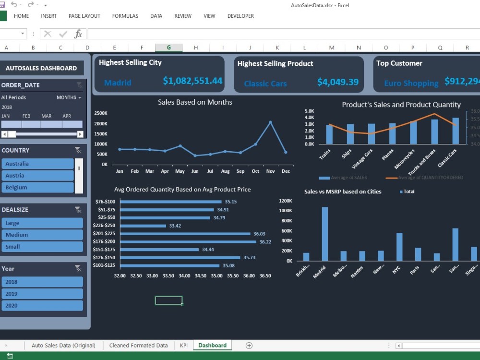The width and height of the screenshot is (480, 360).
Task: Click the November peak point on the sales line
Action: coord(270,122)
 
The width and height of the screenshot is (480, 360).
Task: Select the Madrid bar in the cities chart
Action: coord(325,234)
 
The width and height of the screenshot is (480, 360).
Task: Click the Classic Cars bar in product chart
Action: coord(456,131)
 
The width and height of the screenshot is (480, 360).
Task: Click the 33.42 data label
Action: coord(175,226)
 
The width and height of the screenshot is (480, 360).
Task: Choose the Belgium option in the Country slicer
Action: coord(38,187)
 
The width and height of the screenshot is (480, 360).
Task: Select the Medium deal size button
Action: coord(42,235)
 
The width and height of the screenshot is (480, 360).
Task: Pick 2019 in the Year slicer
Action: coord(42,294)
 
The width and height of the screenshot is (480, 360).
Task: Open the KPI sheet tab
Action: coord(184,345)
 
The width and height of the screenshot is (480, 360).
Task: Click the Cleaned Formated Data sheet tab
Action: coord(138,345)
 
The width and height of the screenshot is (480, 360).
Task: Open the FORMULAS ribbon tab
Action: coord(125,16)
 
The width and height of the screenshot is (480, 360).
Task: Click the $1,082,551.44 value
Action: coord(192,81)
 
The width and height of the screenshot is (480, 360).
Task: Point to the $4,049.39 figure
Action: coord(338,82)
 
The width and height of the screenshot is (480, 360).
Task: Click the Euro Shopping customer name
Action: coord(411,84)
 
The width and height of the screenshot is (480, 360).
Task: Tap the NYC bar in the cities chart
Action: coord(399,247)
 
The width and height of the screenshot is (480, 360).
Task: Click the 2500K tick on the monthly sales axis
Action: coord(101,113)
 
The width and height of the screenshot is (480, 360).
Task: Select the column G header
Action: coord(168,48)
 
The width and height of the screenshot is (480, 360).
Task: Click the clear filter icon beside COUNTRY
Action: coord(78,150)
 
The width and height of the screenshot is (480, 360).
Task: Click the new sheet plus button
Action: coord(249,345)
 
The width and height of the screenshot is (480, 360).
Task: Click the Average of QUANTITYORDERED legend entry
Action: coord(431,178)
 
